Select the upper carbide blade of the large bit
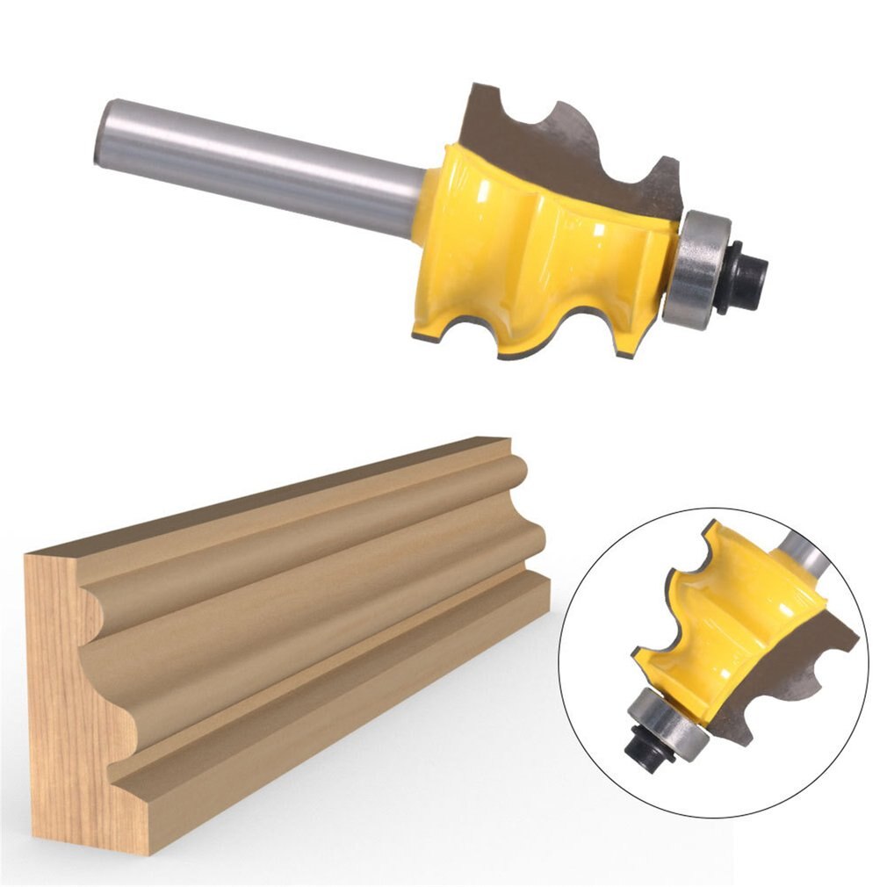tap(571, 145)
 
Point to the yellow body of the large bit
tap(527, 255)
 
